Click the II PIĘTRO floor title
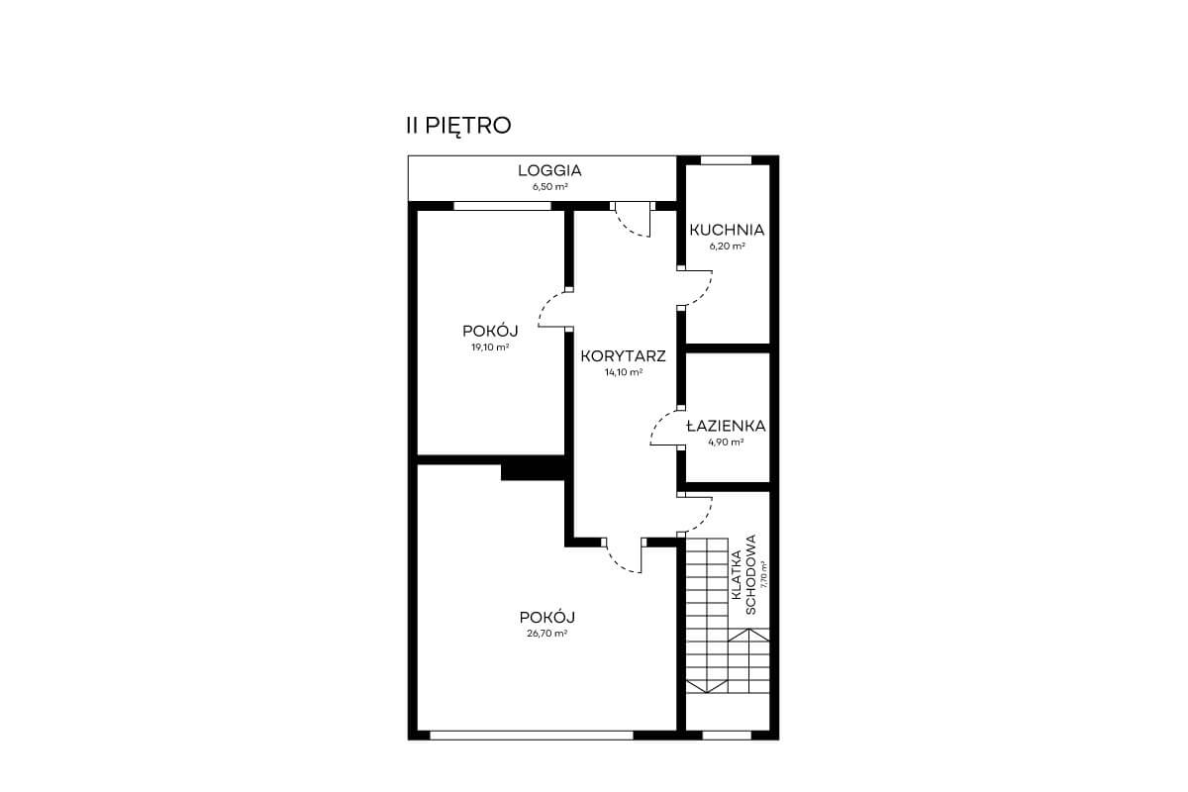pos(458,127)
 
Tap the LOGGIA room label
pos(550,171)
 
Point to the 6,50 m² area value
pos(550,187)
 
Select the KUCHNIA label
pos(727,231)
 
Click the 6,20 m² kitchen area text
pos(727,247)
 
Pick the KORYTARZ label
pos(623,356)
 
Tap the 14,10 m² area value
pos(624,372)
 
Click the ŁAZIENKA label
pos(726,426)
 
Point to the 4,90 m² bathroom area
pos(726,442)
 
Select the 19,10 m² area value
pos(490,347)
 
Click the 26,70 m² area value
pos(547,634)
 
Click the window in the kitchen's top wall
pos(726,160)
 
